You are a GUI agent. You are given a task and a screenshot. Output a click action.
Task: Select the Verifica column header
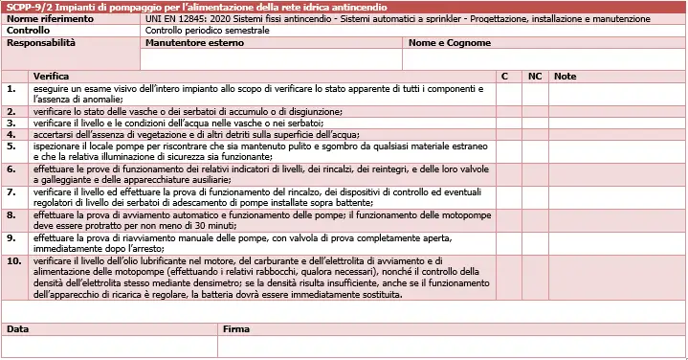[52, 76]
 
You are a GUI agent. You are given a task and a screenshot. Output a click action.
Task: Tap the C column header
[504, 76]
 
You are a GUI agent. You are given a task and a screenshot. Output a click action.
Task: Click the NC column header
[535, 76]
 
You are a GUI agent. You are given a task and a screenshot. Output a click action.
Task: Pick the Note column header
[565, 76]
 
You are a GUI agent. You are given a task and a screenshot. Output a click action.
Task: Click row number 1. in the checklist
[11, 88]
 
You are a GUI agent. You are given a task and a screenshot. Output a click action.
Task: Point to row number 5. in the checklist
[11, 146]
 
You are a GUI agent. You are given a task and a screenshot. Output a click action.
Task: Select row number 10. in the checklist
[14, 260]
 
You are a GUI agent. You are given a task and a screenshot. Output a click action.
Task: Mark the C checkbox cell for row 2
[508, 111]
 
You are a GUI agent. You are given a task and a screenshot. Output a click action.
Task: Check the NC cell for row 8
[535, 221]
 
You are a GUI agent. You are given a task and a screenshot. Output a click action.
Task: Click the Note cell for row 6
[617, 175]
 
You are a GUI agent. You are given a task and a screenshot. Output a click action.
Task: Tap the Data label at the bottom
[18, 328]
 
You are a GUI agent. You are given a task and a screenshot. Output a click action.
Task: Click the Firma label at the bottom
[235, 328]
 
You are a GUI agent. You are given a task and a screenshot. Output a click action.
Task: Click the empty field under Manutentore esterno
[271, 59]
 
